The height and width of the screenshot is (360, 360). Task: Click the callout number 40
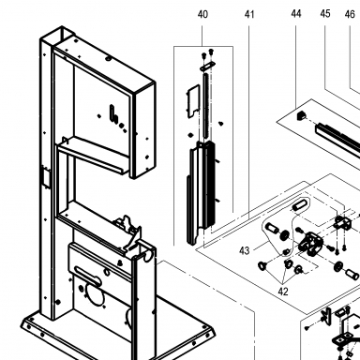202,14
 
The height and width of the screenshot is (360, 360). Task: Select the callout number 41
249,14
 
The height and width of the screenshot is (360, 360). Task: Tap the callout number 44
296,14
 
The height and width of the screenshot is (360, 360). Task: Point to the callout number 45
325,14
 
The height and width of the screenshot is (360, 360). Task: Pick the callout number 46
350,14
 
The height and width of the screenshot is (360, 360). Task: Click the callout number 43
245,250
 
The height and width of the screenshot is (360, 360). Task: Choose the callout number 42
283,292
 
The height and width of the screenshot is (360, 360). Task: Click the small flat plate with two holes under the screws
207,66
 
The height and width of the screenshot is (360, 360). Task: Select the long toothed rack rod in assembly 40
205,105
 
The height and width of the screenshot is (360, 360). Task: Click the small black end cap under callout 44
301,115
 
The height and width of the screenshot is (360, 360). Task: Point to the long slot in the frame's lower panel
88,276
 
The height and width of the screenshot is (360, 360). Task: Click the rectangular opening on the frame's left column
46,177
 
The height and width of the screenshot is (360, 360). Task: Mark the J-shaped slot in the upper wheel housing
113,113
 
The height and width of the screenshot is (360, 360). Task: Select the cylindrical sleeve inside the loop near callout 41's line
299,205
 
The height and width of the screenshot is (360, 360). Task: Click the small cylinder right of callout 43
271,229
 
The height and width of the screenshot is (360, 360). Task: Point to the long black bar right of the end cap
338,138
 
